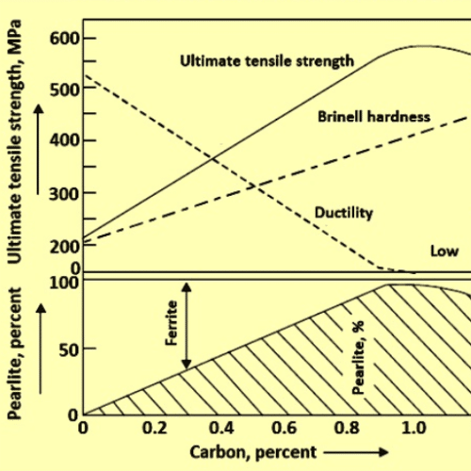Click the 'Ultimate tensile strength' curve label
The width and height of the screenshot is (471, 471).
267,60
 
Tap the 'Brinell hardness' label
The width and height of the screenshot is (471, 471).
374,117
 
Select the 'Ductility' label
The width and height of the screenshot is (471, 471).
344,213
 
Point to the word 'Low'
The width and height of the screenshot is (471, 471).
444,251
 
